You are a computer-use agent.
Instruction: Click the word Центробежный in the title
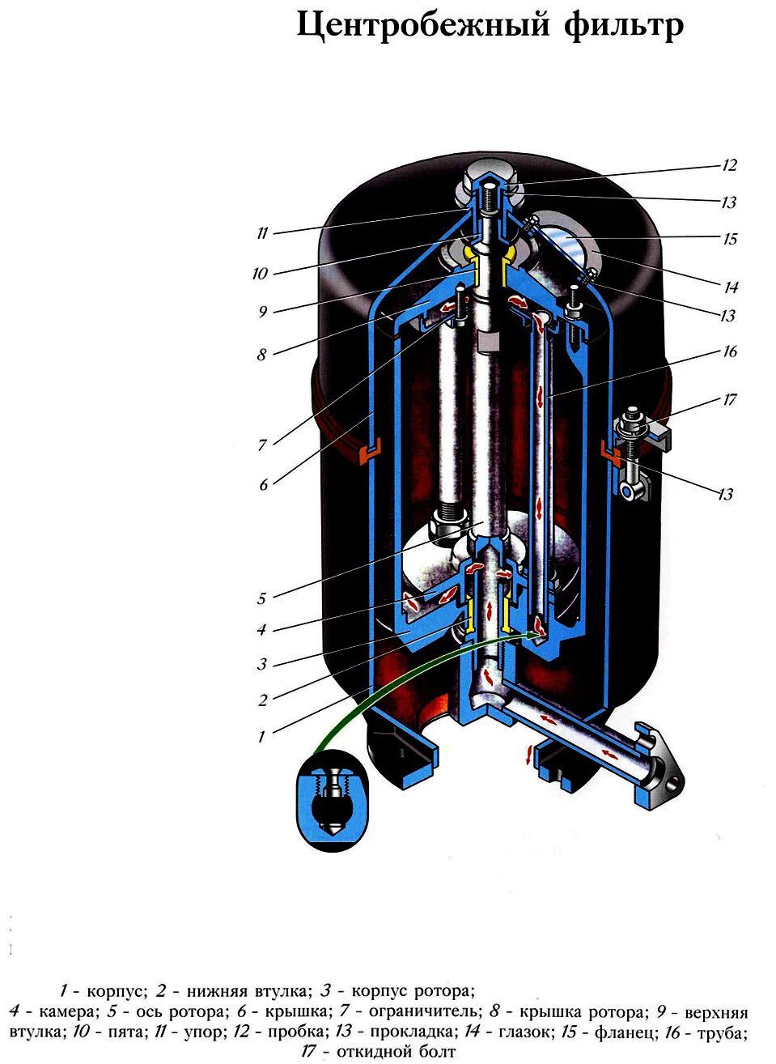click(x=421, y=26)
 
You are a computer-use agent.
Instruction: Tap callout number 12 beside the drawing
click(x=730, y=166)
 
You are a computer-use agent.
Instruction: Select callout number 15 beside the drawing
click(x=730, y=240)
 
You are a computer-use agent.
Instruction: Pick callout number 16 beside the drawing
click(x=730, y=352)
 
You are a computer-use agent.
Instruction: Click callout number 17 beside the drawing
click(x=730, y=400)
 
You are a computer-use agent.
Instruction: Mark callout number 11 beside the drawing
click(x=261, y=234)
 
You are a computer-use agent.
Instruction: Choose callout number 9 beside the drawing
click(x=262, y=312)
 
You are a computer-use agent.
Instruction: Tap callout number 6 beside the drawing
click(x=263, y=485)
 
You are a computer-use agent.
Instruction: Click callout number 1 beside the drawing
click(x=261, y=737)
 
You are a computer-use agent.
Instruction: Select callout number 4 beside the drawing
click(x=261, y=630)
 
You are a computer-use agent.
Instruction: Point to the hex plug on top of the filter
click(x=489, y=173)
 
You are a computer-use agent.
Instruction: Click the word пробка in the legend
click(x=289, y=1032)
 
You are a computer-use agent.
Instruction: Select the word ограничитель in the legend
click(x=421, y=1011)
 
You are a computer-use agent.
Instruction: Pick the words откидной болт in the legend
click(x=396, y=1053)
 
